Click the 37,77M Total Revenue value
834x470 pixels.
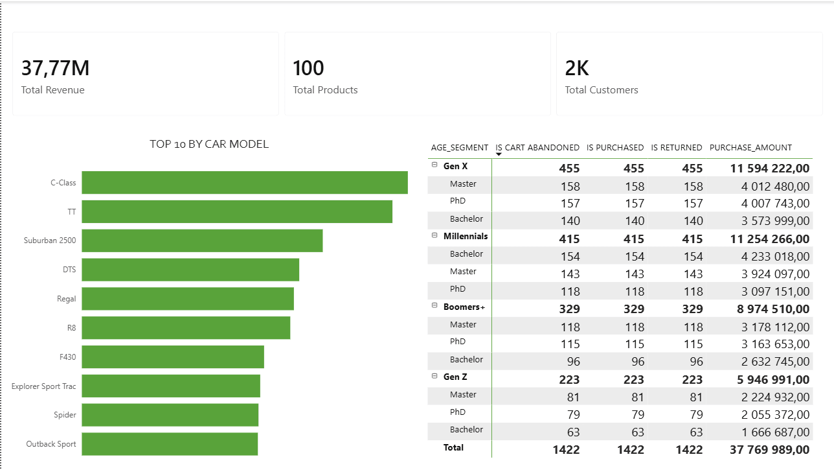pyautogui.click(x=55, y=68)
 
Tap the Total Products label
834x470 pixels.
pyautogui.click(x=325, y=90)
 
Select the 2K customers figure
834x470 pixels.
pyautogui.click(x=577, y=68)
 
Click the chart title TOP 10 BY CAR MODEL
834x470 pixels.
pyautogui.click(x=209, y=144)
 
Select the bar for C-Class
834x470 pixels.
pyautogui.click(x=245, y=183)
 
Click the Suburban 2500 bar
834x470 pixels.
pyautogui.click(x=202, y=241)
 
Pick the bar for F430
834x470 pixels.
pyautogui.click(x=173, y=357)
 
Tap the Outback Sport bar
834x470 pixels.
pyautogui.click(x=170, y=444)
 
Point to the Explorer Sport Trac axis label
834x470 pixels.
pyautogui.click(x=43, y=386)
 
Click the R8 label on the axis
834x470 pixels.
pyautogui.click(x=71, y=328)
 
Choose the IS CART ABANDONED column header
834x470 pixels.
pyautogui.click(x=537, y=148)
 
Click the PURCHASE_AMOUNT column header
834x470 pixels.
pyautogui.click(x=750, y=148)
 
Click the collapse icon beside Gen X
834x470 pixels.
pyautogui.click(x=434, y=166)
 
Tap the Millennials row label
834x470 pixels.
pyautogui.click(x=466, y=236)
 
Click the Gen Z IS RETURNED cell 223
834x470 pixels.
pyautogui.click(x=692, y=379)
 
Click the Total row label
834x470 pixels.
pyautogui.click(x=453, y=447)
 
